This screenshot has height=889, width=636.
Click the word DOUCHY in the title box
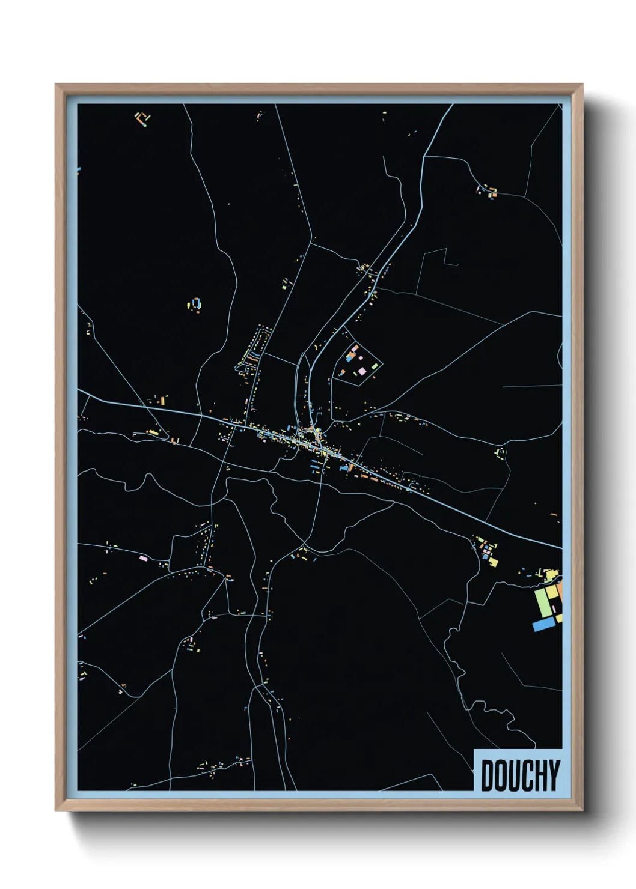coord(520,775)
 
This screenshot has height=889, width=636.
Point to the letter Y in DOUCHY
coord(554,775)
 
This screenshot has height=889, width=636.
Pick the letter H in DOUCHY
coord(540,775)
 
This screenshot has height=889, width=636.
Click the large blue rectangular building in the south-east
coord(543,625)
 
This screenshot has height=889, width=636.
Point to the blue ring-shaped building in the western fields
coord(196,303)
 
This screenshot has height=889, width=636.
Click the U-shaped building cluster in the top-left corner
coord(142,118)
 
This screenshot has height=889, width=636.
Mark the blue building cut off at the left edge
coord(78,171)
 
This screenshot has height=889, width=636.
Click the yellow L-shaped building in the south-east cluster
coord(492,562)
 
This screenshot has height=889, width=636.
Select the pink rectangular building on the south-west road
coord(143,558)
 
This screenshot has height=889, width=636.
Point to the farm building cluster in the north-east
coord(488,192)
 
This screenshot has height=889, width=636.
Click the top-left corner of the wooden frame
coord(57,85)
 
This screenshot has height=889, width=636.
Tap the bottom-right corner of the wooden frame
coord(582,810)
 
